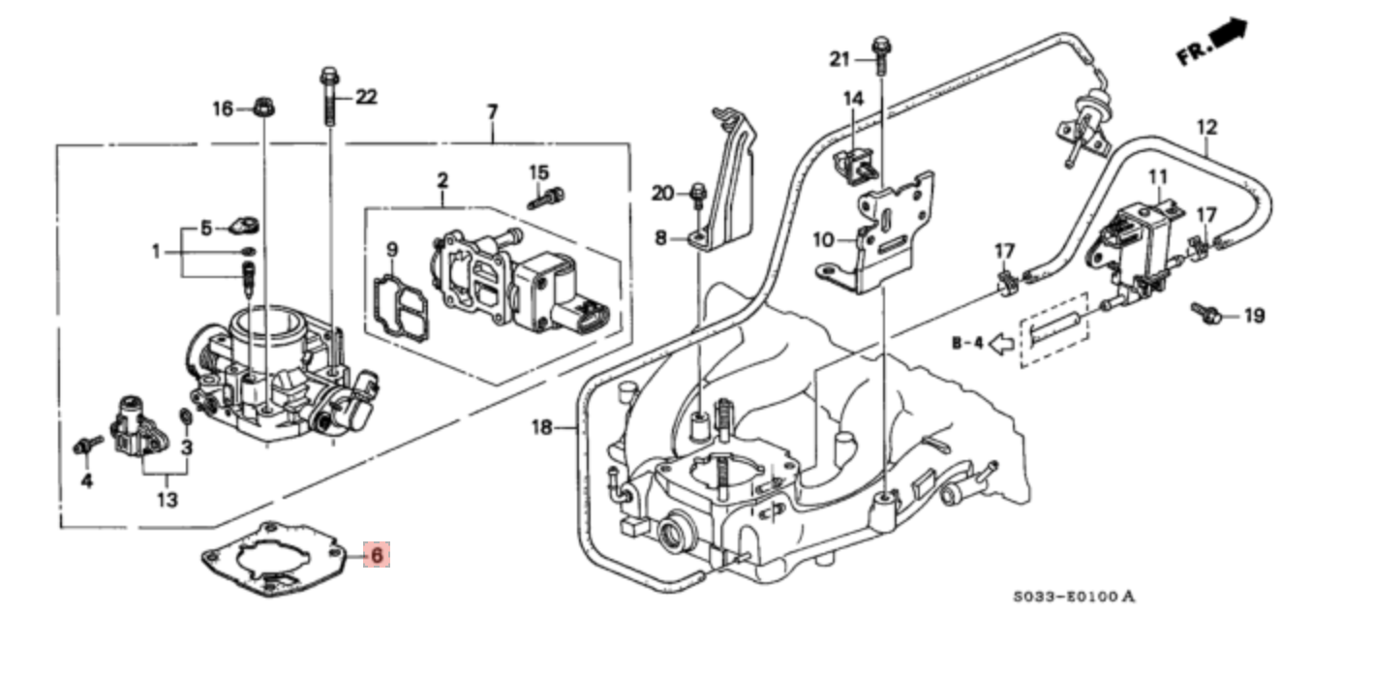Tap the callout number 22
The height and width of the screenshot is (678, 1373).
[365, 97]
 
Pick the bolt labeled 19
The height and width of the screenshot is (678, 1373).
[1206, 314]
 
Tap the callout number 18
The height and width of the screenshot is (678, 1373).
[541, 426]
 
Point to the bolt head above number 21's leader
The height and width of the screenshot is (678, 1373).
[881, 46]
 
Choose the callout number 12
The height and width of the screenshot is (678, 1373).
[1206, 127]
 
